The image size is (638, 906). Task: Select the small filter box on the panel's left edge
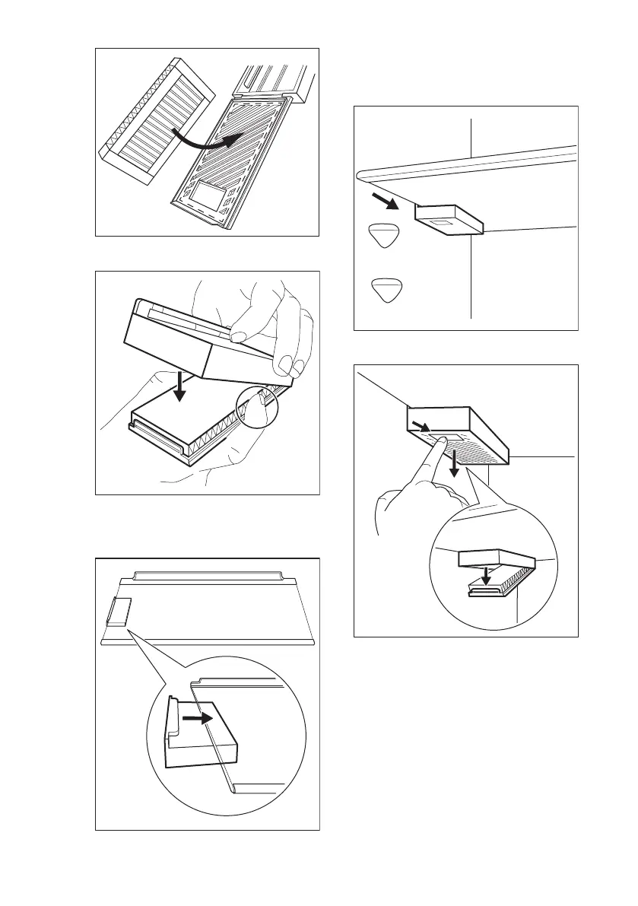[118, 611]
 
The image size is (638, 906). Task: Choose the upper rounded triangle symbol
[386, 237]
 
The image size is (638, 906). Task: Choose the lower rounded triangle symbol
[386, 290]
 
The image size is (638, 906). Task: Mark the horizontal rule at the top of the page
[319, 30]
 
